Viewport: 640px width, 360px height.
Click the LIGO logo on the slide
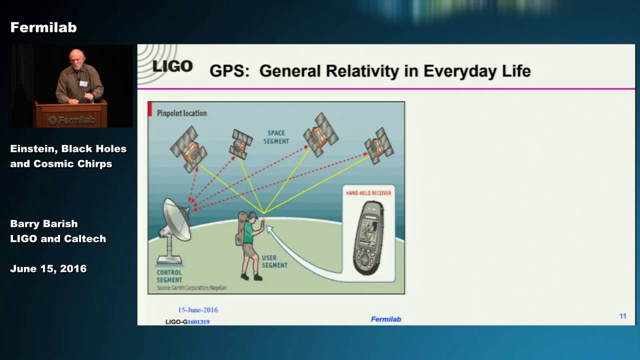(171, 66)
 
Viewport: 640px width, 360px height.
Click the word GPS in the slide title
(229, 71)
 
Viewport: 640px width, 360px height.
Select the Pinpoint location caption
(181, 113)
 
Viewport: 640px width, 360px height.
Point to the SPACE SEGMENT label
(276, 137)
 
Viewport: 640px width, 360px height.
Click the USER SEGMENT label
(274, 261)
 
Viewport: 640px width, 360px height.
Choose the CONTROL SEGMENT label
(169, 276)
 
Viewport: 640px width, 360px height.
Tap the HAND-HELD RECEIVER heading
(368, 192)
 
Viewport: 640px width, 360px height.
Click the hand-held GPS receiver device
(368, 237)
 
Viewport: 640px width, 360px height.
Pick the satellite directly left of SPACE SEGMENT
(241, 143)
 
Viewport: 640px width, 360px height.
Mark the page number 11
(622, 316)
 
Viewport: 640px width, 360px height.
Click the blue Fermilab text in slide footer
(385, 319)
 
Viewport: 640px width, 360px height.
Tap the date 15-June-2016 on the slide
(198, 310)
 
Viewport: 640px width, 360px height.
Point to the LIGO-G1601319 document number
(187, 322)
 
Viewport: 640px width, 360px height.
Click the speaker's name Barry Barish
(44, 223)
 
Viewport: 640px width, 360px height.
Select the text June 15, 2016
(48, 268)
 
